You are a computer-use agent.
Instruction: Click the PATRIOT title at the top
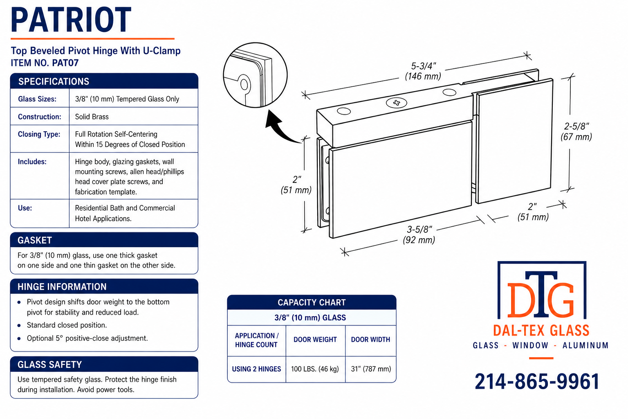point(71,20)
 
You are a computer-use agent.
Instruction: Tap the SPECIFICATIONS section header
point(54,81)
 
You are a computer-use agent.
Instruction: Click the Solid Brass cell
point(92,117)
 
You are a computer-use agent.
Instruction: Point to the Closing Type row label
point(39,134)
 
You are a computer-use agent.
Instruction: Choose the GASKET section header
point(34,240)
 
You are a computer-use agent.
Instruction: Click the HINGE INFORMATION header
point(62,286)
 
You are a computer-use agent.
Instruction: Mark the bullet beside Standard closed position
point(19,326)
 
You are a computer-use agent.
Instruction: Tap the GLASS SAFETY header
point(49,365)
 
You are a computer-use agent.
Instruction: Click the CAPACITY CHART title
point(312,302)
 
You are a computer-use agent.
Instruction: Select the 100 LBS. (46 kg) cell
point(315,369)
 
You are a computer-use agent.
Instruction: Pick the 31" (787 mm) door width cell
point(371,369)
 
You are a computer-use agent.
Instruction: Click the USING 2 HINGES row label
point(256,369)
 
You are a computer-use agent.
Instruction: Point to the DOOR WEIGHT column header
point(315,340)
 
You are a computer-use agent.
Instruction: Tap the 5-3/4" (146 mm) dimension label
point(423,71)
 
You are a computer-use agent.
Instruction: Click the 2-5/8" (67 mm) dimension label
point(576,132)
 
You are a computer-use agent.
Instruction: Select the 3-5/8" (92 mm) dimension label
point(419,234)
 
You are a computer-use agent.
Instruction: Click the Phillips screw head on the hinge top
point(397,103)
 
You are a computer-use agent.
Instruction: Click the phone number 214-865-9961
point(537,382)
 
